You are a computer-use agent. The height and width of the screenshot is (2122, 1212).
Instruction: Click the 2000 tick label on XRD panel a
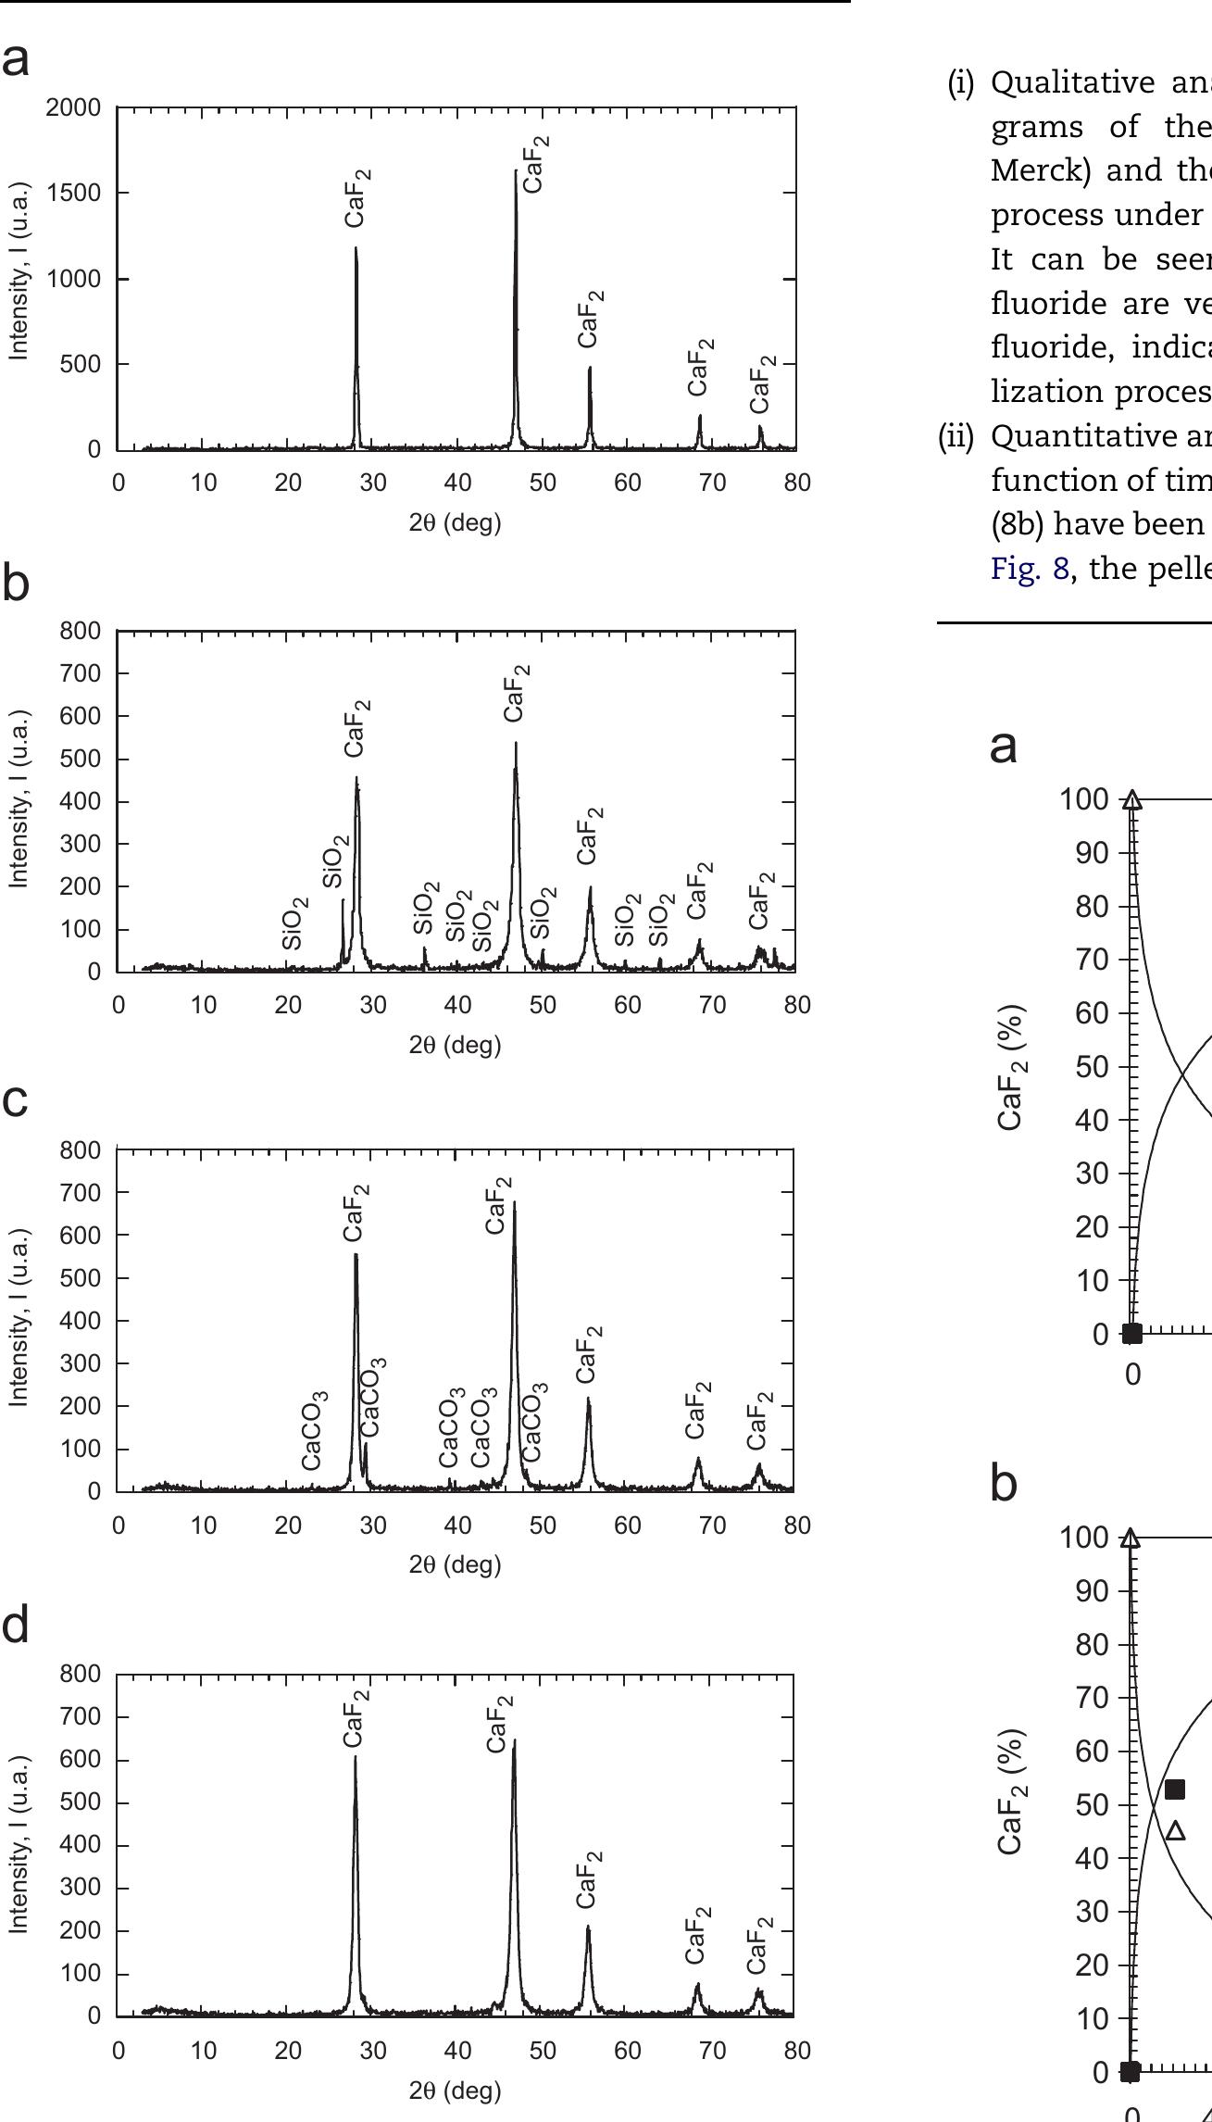[x=73, y=108]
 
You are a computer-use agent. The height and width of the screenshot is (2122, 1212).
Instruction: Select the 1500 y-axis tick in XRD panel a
[x=73, y=194]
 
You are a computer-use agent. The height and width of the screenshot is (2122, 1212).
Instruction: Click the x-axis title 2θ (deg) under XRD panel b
[x=455, y=1045]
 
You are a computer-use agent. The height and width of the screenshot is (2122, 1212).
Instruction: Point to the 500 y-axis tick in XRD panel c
[x=81, y=1278]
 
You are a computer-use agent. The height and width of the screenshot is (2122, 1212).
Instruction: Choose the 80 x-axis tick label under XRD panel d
[x=797, y=2050]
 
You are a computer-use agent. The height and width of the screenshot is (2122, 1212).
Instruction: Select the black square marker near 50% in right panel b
[x=1175, y=1789]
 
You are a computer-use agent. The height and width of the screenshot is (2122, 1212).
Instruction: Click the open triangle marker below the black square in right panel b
[x=1176, y=1830]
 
